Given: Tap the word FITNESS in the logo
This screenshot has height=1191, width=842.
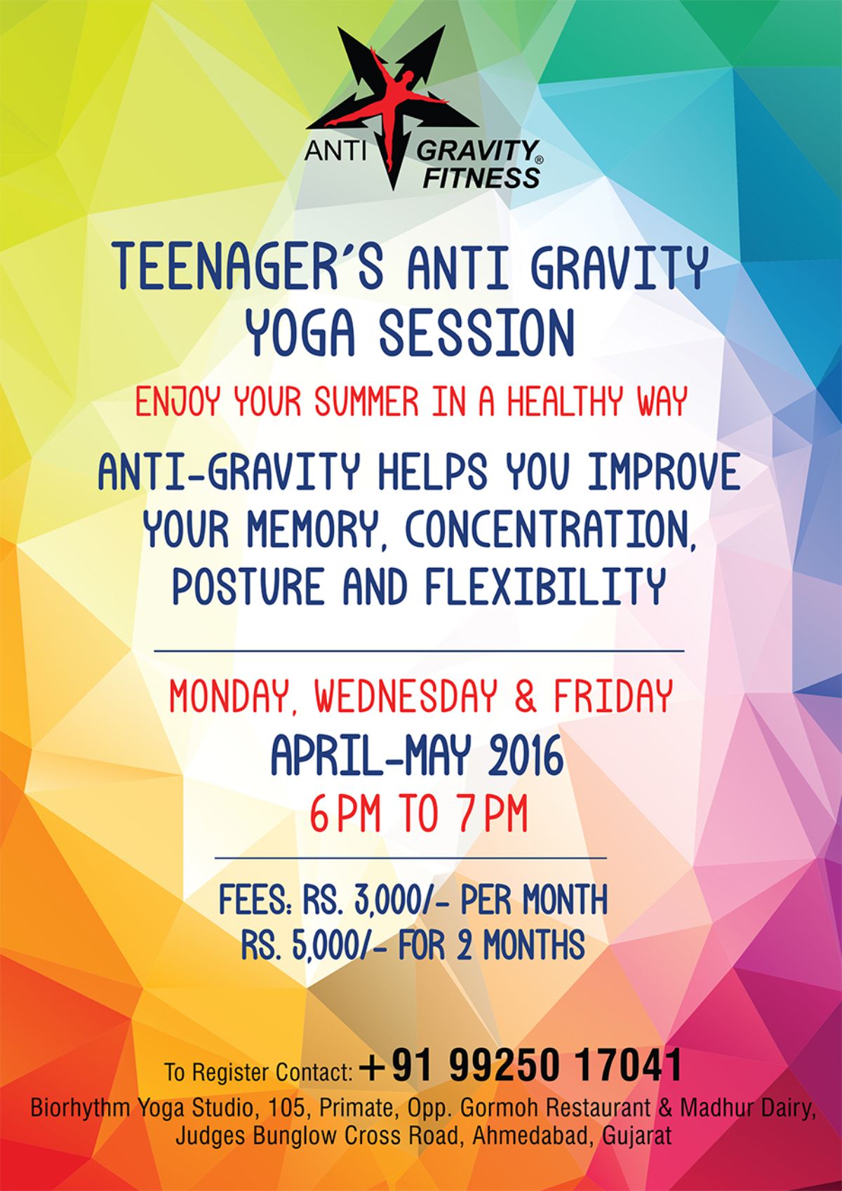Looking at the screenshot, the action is [481, 177].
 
